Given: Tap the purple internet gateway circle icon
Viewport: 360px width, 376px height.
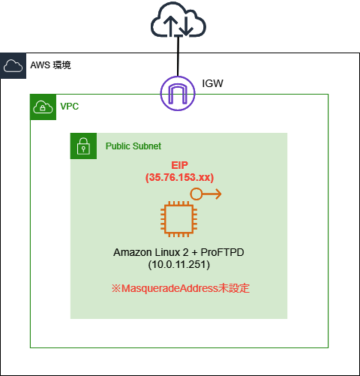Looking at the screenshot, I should pyautogui.click(x=178, y=93).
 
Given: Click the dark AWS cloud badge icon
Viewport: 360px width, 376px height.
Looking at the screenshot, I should pyautogui.click(x=13, y=65).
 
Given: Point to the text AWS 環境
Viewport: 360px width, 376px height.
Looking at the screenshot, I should pyautogui.click(x=51, y=65).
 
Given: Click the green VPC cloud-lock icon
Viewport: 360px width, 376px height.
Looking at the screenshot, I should pyautogui.click(x=42, y=107).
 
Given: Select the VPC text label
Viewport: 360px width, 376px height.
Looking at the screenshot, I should pyautogui.click(x=70, y=107).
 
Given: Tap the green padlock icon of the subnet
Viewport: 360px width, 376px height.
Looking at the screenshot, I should pyautogui.click(x=82, y=146).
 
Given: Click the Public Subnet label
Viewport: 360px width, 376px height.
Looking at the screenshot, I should pyautogui.click(x=133, y=146).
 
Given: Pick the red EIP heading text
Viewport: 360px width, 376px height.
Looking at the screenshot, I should pyautogui.click(x=180, y=165).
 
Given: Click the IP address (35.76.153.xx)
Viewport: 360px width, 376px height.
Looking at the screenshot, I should pyautogui.click(x=180, y=178).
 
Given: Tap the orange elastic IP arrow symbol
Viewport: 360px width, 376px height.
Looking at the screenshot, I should pyautogui.click(x=205, y=194).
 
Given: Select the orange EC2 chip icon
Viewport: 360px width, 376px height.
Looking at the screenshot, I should pyautogui.click(x=179, y=221).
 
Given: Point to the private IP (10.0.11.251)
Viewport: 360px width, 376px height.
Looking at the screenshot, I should pyautogui.click(x=180, y=264).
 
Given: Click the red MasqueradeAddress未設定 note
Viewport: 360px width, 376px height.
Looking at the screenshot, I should pyautogui.click(x=180, y=287).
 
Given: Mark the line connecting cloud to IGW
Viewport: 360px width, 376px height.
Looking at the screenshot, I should pyautogui.click(x=178, y=59).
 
